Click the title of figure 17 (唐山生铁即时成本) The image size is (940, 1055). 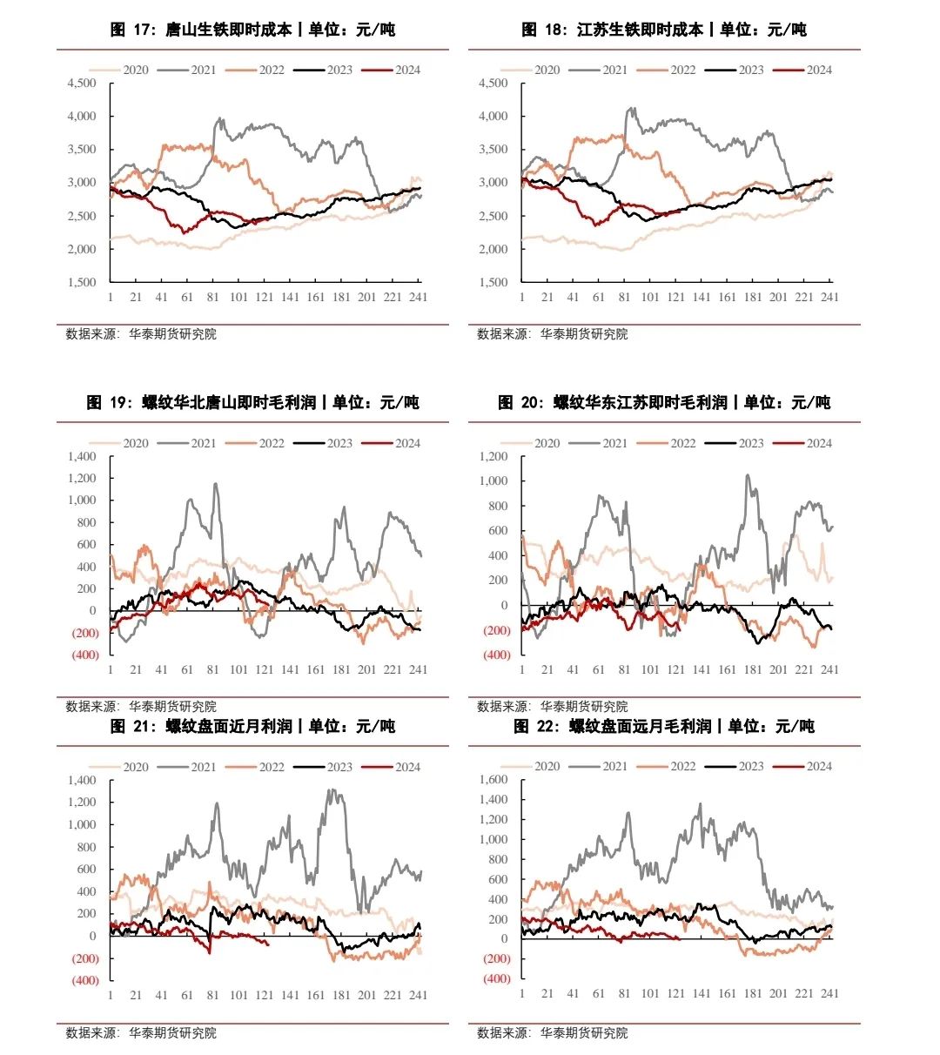[252, 30]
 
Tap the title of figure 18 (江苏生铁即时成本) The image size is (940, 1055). [663, 30]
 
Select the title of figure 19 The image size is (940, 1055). [252, 402]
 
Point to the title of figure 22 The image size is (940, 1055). [663, 726]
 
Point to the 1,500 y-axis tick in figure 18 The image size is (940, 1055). [493, 282]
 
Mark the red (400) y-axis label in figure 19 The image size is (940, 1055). [84, 655]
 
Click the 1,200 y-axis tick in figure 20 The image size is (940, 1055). [493, 456]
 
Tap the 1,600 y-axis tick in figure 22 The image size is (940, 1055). [493, 779]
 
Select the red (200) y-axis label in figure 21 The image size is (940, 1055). [84, 958]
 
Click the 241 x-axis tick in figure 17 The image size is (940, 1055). [418, 297]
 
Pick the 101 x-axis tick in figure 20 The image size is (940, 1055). [650, 669]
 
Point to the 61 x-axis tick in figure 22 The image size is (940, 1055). [599, 993]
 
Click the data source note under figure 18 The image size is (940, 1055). [553, 334]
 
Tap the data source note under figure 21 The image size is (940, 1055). [141, 1033]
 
